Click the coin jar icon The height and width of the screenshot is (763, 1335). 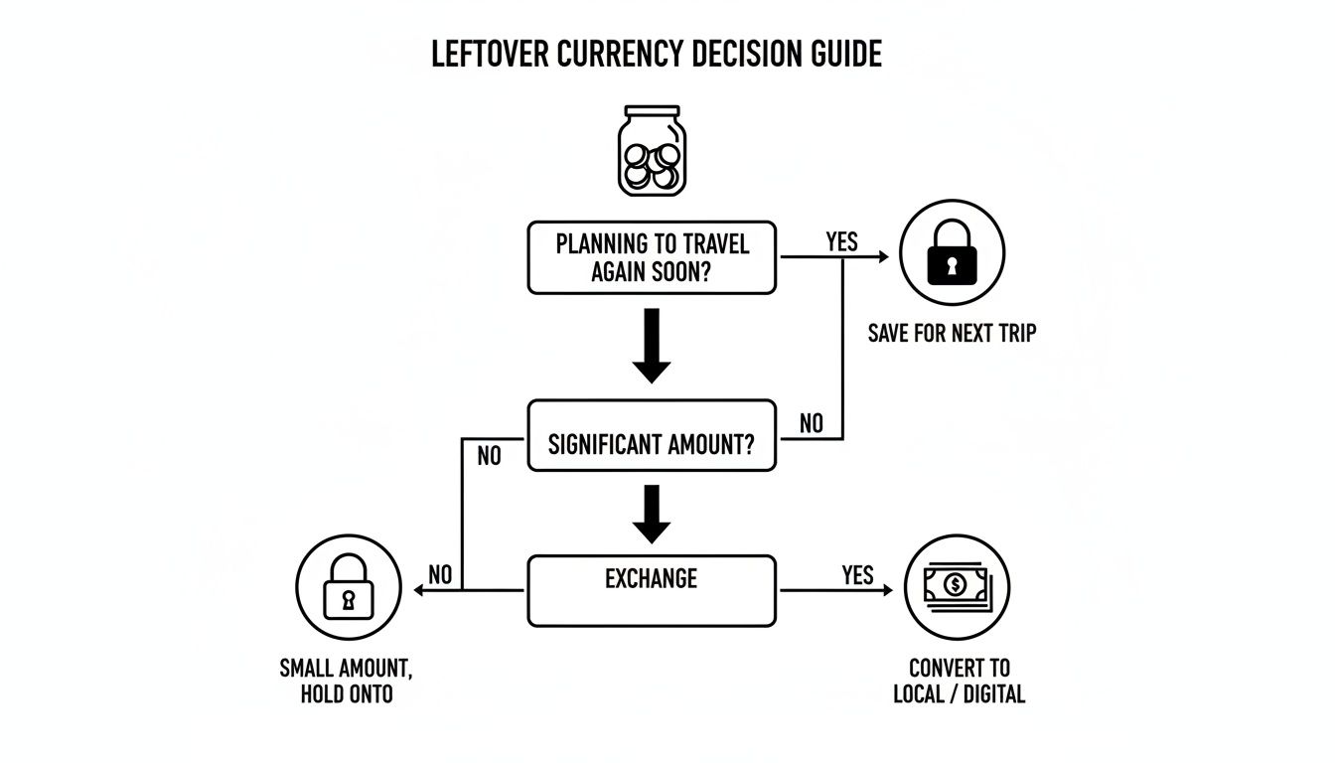[x=652, y=151]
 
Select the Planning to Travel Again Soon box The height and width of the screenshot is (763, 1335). [x=652, y=257]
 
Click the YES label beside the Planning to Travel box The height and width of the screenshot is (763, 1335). [x=841, y=241]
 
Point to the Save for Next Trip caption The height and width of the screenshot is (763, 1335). [x=951, y=333]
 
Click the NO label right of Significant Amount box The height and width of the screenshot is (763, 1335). [x=812, y=423]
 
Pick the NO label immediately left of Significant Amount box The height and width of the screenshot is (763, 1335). [x=490, y=456]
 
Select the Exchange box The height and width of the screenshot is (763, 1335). [x=652, y=590]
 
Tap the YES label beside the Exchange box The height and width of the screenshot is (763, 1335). [x=857, y=575]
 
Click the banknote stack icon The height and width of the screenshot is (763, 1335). [x=957, y=586]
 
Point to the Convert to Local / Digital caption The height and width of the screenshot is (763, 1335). [x=959, y=681]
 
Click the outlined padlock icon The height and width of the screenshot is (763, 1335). [x=349, y=588]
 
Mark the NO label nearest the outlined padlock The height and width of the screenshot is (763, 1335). [x=440, y=574]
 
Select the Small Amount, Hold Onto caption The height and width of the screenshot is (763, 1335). [x=346, y=681]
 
